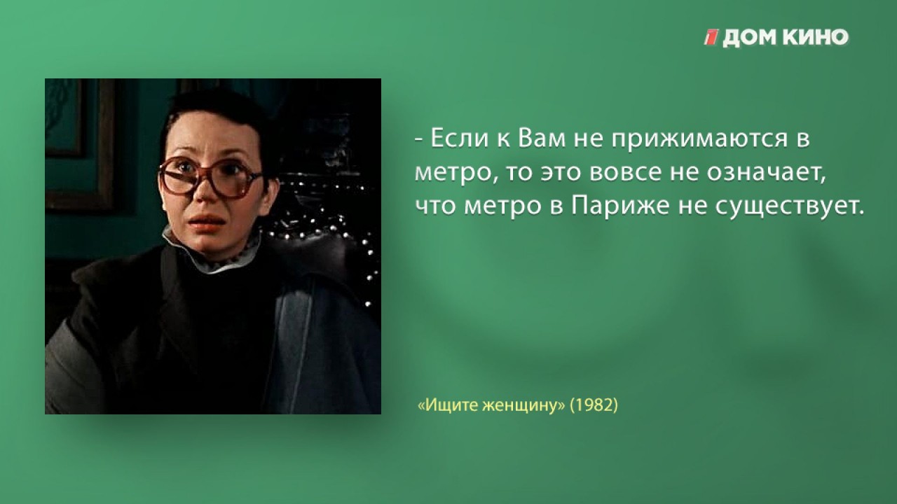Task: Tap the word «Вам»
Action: point(542,139)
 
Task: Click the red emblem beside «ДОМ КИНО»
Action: point(711,37)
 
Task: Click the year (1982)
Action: point(594,405)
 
